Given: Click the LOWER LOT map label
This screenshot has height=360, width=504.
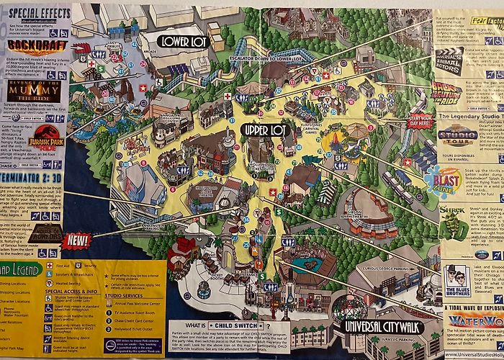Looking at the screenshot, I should [183, 41].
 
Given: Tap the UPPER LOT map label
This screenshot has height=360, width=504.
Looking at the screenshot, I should [265, 130].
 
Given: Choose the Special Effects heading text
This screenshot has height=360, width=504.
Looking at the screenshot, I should [35, 14].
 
